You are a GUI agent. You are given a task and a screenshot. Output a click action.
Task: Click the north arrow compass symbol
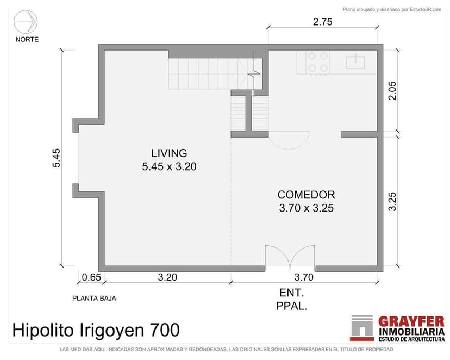point(26,22)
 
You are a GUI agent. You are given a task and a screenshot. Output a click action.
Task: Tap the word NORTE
point(27,39)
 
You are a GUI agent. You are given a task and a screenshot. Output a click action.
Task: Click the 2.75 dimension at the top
point(323,22)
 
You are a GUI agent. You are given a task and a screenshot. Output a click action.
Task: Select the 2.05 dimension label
point(392,90)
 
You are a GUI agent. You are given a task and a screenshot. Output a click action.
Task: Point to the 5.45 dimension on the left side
point(57,158)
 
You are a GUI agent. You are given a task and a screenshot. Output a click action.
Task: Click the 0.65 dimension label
point(91,277)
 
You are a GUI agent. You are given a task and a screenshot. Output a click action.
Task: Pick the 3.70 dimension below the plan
point(304,277)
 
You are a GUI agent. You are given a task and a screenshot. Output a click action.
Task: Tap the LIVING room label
point(169,153)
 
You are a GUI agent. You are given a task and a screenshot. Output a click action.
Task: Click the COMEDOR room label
point(306,195)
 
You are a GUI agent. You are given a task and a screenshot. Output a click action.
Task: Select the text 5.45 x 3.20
point(170,166)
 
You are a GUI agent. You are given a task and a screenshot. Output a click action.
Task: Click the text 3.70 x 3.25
point(306,208)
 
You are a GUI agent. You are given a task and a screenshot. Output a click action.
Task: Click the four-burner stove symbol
point(318,63)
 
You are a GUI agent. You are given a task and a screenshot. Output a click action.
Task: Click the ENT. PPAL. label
point(291,300)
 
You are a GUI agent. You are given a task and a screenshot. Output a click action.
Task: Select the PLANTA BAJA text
point(94,298)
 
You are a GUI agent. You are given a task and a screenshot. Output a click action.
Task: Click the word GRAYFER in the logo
point(411,321)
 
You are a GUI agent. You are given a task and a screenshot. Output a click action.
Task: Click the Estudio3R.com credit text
point(426,9)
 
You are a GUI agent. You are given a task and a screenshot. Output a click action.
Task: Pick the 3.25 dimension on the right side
point(392,201)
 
